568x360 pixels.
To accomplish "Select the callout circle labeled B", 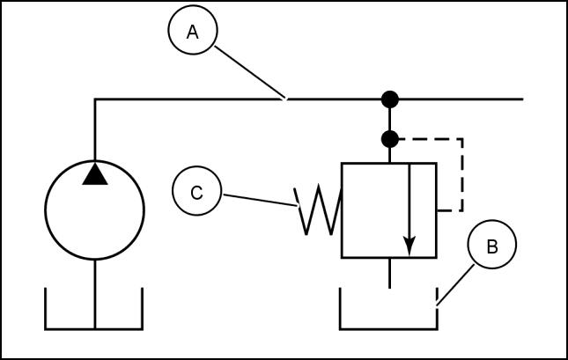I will coord(492,246).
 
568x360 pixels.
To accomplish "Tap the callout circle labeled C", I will coord(196,192).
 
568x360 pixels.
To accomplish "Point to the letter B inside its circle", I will coord(492,246).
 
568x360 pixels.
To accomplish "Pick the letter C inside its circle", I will coord(196,192).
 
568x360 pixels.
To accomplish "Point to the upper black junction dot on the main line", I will coord(388,99).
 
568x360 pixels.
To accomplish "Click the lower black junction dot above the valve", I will coord(388,138).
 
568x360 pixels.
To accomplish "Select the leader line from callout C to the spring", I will coord(260,199).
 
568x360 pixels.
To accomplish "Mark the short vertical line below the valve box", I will coord(388,273).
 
